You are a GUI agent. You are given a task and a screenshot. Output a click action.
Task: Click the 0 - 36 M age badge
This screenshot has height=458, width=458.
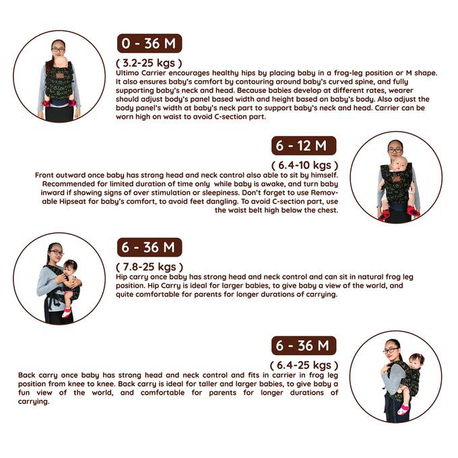pos(150,43)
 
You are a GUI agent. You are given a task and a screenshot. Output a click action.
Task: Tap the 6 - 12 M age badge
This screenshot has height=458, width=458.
pos(304,145)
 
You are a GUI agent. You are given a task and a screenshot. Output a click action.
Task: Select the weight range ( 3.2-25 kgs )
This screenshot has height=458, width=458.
pos(149,63)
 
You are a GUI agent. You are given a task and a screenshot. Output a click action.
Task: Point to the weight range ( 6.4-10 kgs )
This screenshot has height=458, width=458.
pos(304,165)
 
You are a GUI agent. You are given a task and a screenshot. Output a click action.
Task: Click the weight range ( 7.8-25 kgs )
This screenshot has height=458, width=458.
pos(150,267)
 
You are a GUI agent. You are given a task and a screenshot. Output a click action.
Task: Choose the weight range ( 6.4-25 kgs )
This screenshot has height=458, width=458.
pos(304,366)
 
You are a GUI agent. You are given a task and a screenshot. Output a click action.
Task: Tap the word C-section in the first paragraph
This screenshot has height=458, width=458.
pos(228,117)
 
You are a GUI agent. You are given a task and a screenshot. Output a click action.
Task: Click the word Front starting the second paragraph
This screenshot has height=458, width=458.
pos(44,175)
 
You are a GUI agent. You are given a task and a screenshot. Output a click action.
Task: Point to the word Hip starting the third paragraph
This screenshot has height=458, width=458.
pos(121,277)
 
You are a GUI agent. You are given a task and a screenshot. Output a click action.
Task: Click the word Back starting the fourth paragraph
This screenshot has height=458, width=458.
pos(27,375)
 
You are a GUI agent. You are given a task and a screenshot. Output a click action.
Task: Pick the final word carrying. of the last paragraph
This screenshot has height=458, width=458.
pos(34,401)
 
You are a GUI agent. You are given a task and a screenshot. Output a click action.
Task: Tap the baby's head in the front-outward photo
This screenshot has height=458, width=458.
pos(399,164)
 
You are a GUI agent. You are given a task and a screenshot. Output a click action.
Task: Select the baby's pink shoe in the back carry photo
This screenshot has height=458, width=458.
pos(403,409)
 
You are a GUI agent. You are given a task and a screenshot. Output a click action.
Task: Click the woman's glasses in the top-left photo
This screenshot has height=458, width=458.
pos(58,50)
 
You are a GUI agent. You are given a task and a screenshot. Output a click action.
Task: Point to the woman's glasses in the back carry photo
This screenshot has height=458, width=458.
pos(391,350)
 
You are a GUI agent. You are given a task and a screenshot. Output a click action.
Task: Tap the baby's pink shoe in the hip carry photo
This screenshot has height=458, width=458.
pos(66,313)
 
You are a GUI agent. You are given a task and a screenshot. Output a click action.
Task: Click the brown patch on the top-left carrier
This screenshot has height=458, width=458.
pos(60,75)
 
